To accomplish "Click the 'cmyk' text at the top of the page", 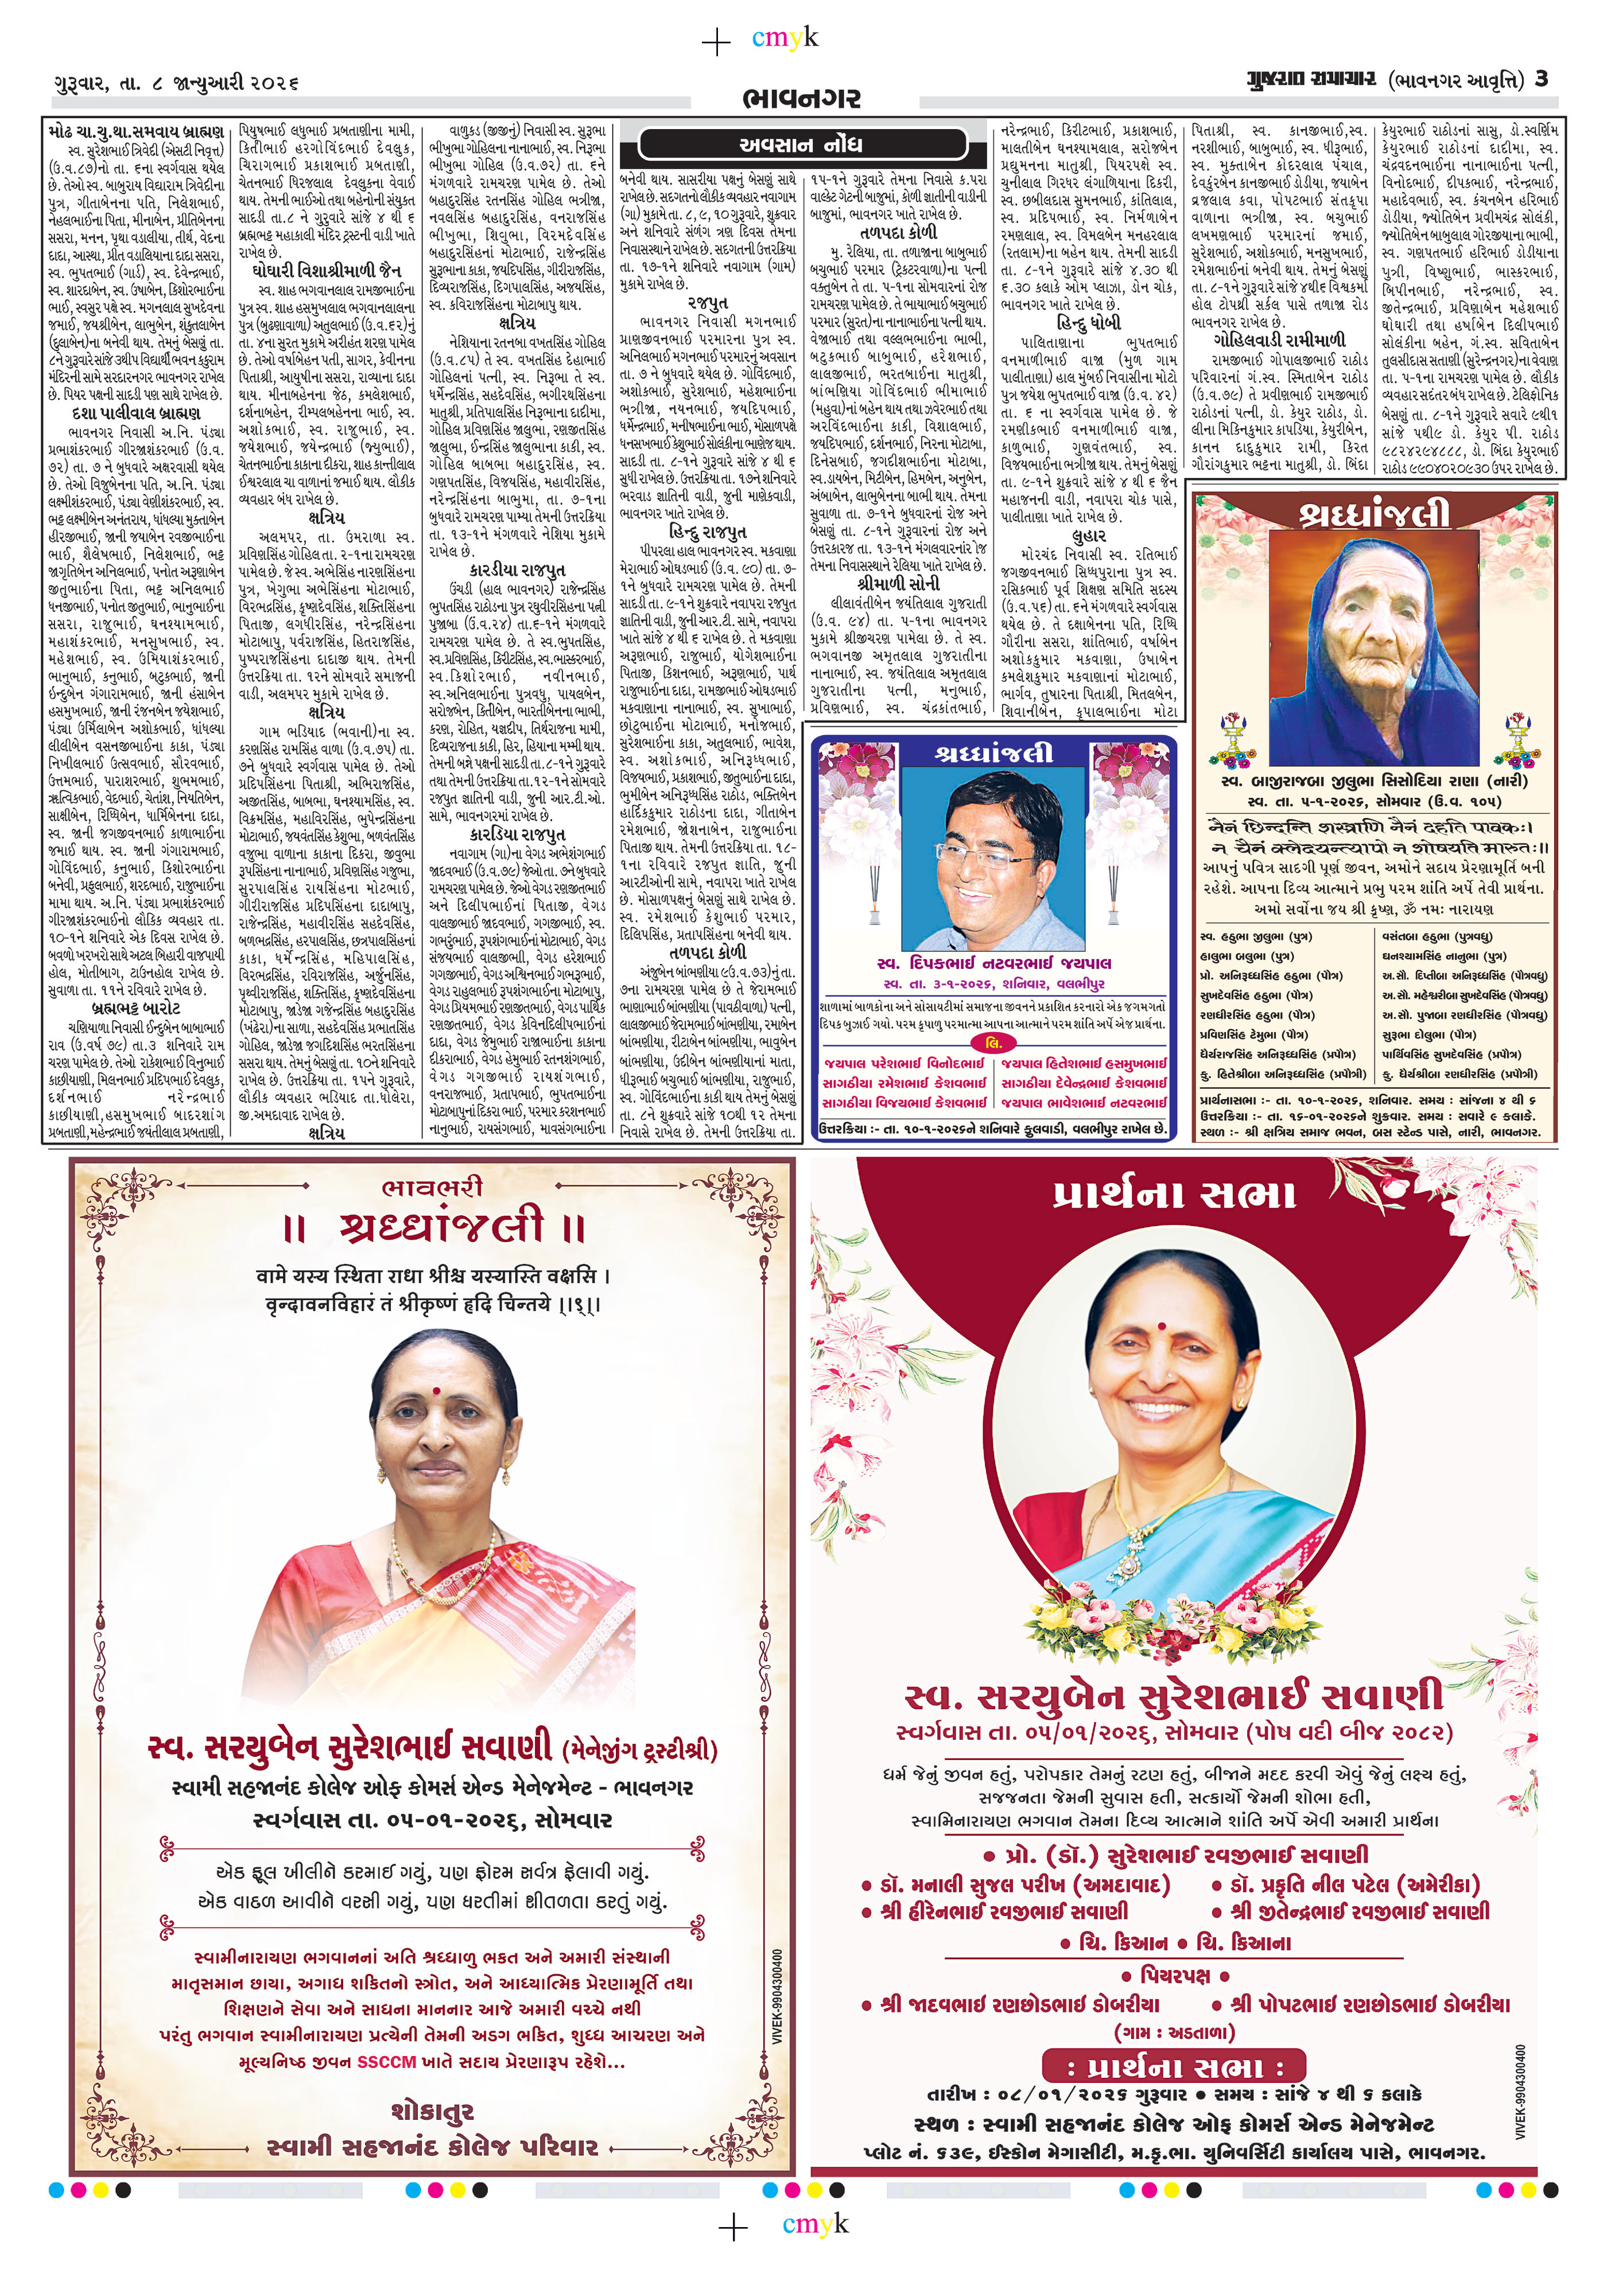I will point(785,39).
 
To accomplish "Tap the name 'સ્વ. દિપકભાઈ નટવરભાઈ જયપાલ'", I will point(994,963).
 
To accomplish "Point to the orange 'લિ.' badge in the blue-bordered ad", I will point(994,1043).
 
